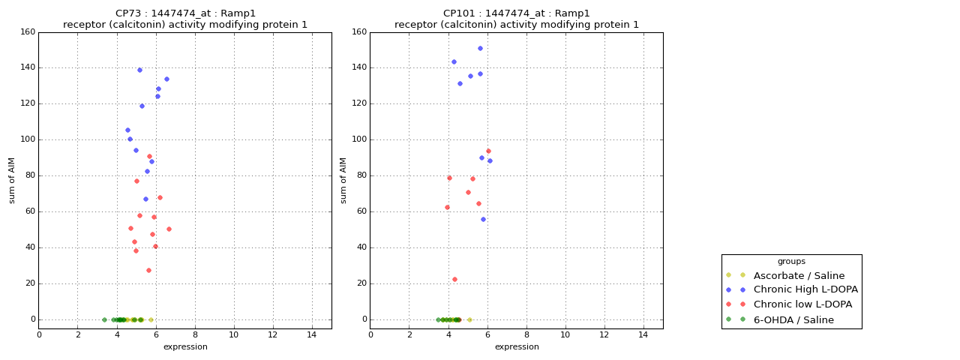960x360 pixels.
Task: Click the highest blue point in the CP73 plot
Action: (139, 70)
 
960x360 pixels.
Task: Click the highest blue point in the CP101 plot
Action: (480, 48)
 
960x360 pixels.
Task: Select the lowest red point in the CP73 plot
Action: (148, 270)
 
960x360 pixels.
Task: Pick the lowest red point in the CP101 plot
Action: (454, 279)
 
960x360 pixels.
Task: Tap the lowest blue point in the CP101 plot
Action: (483, 219)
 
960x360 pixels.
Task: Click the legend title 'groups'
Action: (791, 261)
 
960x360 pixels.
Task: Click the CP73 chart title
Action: (185, 19)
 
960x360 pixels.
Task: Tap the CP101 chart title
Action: (517, 19)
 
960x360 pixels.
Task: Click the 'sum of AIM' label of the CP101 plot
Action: (344, 180)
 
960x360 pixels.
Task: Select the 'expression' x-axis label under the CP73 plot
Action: (185, 346)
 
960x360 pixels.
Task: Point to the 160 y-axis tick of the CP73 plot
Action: (28, 32)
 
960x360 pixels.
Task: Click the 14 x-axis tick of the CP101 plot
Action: (643, 335)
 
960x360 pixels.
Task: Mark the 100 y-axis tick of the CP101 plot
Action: (359, 139)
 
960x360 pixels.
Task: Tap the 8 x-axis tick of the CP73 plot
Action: (195, 335)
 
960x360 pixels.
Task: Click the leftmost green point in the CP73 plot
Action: (104, 319)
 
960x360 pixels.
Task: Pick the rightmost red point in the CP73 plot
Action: (169, 229)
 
